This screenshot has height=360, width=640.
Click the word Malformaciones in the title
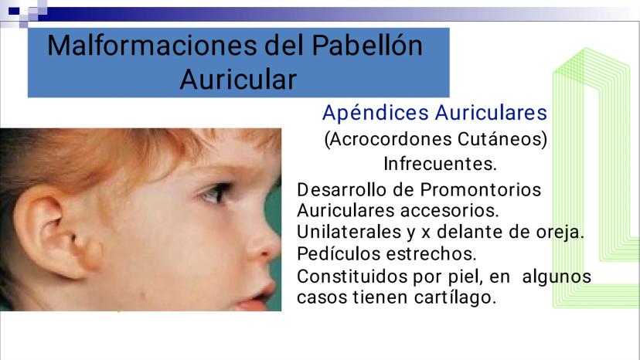pyautogui.click(x=152, y=46)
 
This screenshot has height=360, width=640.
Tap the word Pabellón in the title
pyautogui.click(x=367, y=46)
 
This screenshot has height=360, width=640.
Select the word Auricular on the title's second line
pyautogui.click(x=238, y=79)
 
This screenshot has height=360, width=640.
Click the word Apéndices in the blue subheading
pyautogui.click(x=376, y=113)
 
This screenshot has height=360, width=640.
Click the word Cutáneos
pyautogui.click(x=502, y=139)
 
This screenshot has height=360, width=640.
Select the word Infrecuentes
pyautogui.click(x=440, y=164)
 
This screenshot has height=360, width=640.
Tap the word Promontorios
pyautogui.click(x=481, y=190)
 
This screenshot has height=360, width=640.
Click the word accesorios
pyautogui.click(x=449, y=211)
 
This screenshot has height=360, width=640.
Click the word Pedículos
pyautogui.click(x=339, y=253)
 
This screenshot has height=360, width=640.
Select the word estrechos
pyautogui.click(x=431, y=253)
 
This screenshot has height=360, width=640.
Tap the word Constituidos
pyautogui.click(x=352, y=277)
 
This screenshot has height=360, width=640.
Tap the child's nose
pyautogui.click(x=264, y=245)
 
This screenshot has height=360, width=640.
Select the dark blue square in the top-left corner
pyautogui.click(x=13, y=11)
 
